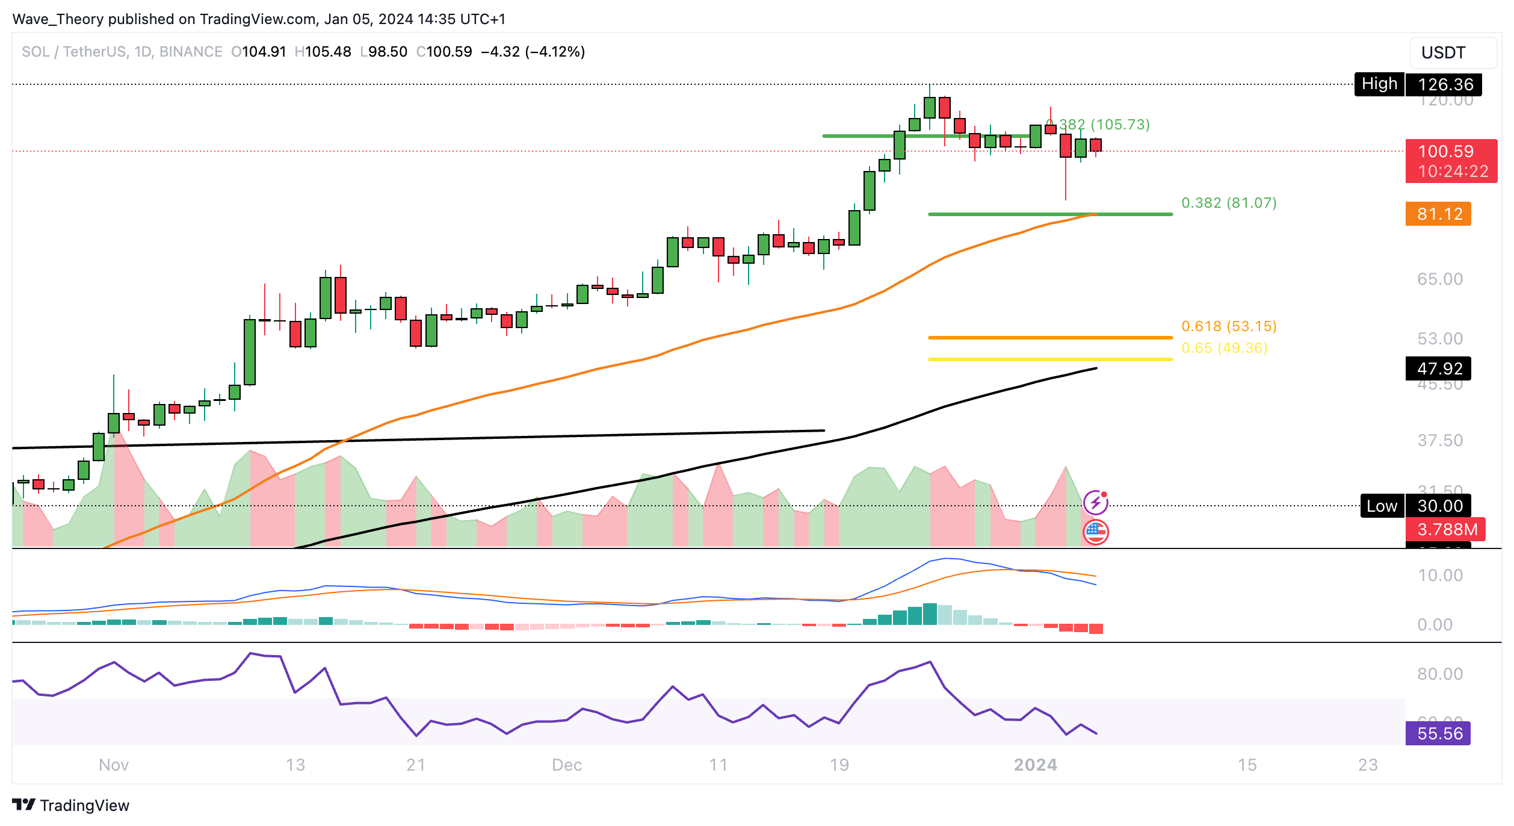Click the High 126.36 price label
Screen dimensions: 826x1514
[1417, 84]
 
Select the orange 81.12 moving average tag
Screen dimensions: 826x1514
[1438, 214]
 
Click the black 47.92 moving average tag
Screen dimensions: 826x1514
[1438, 368]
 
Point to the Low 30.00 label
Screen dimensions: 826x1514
[1415, 506]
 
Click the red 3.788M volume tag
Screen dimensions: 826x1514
[1445, 529]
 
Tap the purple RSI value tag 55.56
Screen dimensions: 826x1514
[1438, 733]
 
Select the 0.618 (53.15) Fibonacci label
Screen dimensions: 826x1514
[1228, 326]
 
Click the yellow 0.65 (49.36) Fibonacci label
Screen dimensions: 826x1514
[1224, 348]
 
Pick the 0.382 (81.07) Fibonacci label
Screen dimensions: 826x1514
[1228, 203]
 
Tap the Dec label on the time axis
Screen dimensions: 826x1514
[567, 765]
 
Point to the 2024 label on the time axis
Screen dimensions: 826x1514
[1035, 765]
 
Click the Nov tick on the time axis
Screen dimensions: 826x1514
[114, 765]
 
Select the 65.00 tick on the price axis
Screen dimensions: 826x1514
[1439, 279]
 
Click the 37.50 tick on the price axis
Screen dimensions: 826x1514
[1439, 440]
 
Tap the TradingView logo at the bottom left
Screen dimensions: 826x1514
[71, 805]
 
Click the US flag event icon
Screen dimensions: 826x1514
[1095, 532]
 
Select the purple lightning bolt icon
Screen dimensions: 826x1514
[1095, 501]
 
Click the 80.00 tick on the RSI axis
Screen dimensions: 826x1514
[1439, 674]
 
